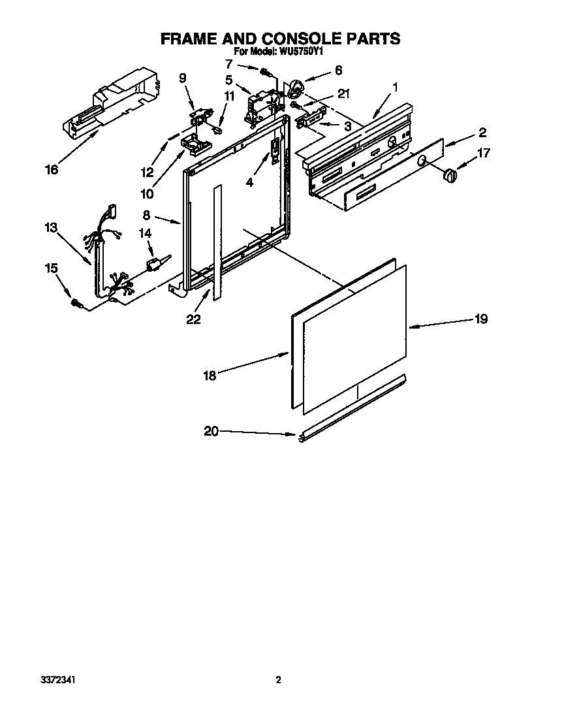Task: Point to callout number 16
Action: [52, 170]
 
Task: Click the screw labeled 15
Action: [77, 302]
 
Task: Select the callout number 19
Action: [481, 319]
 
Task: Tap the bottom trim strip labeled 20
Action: [352, 410]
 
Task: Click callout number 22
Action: [193, 319]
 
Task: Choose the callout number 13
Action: [51, 227]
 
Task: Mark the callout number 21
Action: [343, 94]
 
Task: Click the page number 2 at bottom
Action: [278, 680]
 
